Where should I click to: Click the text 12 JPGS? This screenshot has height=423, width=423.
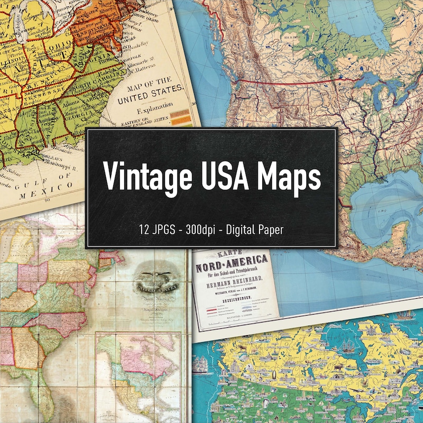point(155,229)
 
